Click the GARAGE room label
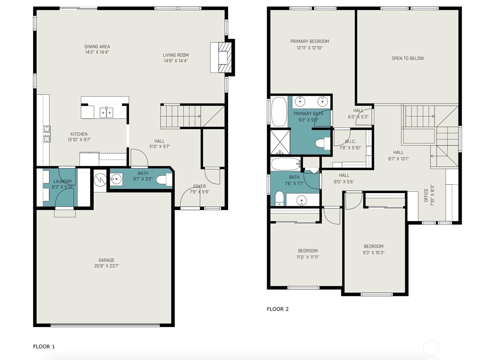[107, 260]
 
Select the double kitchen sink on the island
[107, 112]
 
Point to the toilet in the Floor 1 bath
[164, 180]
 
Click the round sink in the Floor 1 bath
[116, 179]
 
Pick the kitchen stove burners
[47, 134]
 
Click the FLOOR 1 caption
[44, 347]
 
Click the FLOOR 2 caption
[278, 309]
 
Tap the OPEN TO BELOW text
[407, 58]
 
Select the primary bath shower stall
[280, 142]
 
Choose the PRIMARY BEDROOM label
[310, 41]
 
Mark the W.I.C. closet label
[350, 141]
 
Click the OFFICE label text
[426, 195]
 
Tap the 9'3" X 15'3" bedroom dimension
[373, 253]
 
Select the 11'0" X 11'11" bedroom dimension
[308, 257]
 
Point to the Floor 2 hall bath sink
[301, 199]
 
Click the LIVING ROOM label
[176, 55]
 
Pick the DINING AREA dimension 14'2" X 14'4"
[97, 52]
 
